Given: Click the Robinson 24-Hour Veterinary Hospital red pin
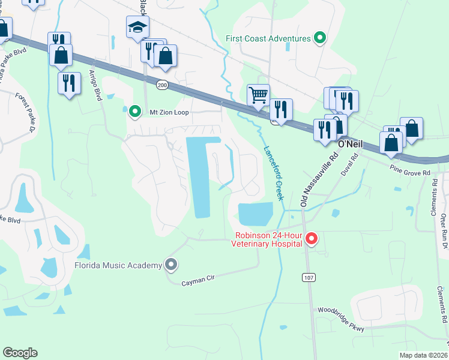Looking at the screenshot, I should (311, 240).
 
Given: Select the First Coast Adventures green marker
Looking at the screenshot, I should (321, 38).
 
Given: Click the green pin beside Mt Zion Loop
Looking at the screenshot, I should (135, 110).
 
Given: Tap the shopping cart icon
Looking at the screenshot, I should (258, 95).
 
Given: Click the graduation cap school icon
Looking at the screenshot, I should (137, 27).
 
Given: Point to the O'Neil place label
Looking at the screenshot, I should (352, 144).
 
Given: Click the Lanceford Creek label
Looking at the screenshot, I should (272, 173).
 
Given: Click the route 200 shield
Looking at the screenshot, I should (162, 85).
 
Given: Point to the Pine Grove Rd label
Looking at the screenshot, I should (410, 172).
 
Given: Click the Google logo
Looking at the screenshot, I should (20, 353).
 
